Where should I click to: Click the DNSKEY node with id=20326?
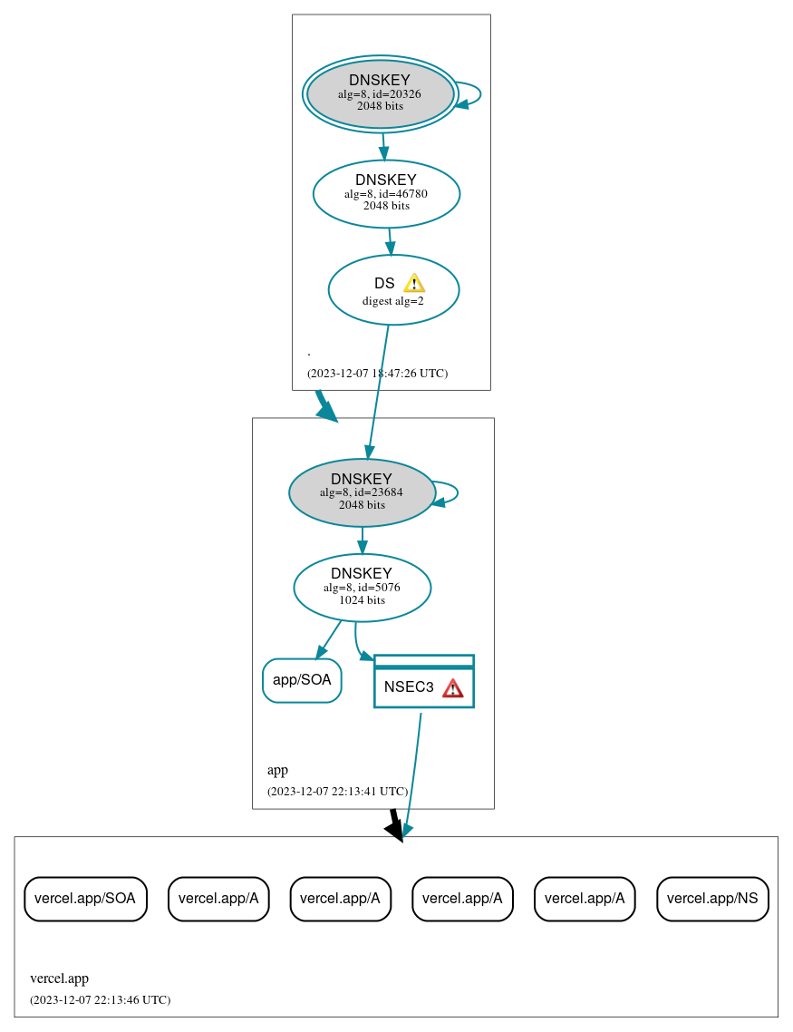tap(380, 94)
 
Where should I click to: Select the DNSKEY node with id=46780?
tap(386, 193)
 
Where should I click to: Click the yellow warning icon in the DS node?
tap(413, 283)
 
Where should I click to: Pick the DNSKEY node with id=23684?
tap(362, 492)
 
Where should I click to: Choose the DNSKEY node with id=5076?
tap(362, 588)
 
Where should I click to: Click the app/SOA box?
tap(302, 680)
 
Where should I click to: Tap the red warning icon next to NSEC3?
tap(452, 688)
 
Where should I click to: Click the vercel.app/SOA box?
tap(85, 899)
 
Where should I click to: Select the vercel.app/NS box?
tap(712, 899)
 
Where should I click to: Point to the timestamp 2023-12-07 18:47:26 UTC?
tap(377, 374)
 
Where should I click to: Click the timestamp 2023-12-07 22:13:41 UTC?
tap(337, 792)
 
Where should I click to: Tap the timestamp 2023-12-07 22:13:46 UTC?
tap(100, 1000)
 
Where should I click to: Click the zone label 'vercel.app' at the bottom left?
tap(59, 978)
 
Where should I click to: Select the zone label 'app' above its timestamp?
tap(277, 770)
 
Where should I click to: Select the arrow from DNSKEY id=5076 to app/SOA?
tap(329, 639)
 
